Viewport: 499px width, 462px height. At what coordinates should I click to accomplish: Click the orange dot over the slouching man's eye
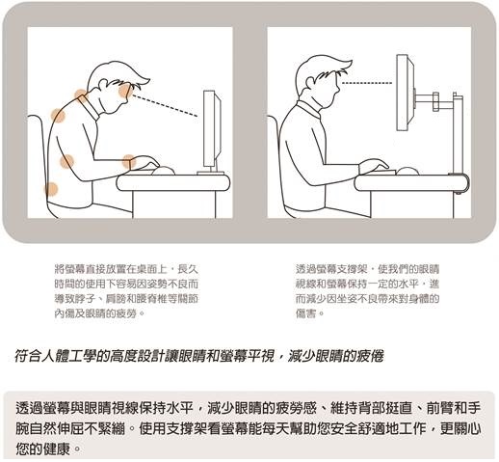(125, 91)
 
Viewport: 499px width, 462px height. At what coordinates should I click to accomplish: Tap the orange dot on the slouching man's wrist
(129, 161)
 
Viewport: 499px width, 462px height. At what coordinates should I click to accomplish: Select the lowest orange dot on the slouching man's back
(51, 189)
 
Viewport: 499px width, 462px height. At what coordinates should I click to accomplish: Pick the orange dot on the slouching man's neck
(81, 95)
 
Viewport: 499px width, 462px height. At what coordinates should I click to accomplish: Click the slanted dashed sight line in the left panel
(165, 105)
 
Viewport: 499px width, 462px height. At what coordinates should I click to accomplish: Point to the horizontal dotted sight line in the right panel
(367, 83)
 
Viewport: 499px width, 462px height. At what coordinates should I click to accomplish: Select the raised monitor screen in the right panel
(404, 93)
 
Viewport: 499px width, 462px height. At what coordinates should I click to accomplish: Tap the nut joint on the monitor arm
(435, 102)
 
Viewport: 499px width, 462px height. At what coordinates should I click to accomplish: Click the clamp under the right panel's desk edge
(460, 192)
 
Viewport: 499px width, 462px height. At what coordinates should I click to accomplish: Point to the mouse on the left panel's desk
(163, 171)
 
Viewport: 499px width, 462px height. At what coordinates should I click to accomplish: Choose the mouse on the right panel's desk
(407, 172)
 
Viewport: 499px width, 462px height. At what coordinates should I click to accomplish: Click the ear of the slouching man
(102, 85)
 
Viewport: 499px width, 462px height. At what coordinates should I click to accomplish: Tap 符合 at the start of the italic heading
(28, 356)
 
